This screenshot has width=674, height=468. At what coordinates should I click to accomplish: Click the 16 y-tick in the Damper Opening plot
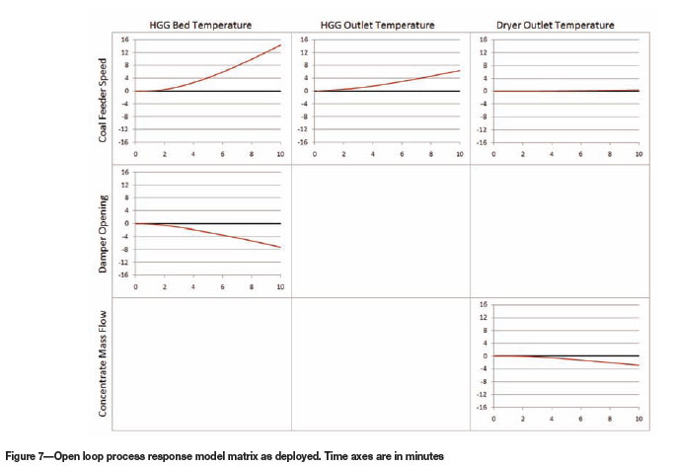[125, 172]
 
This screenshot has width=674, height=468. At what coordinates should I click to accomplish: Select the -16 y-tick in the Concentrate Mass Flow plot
[482, 406]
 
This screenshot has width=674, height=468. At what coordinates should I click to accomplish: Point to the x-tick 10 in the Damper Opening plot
[280, 287]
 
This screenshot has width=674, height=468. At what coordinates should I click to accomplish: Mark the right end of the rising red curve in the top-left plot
[281, 44]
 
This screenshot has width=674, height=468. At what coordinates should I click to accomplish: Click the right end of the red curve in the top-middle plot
[460, 70]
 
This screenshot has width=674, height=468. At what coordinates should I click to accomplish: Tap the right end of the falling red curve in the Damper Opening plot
[281, 247]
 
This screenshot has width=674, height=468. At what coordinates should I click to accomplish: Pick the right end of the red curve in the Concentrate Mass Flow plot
[638, 366]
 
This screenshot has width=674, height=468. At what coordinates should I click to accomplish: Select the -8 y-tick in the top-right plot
[483, 117]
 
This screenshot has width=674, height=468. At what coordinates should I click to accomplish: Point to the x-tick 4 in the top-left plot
[193, 155]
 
